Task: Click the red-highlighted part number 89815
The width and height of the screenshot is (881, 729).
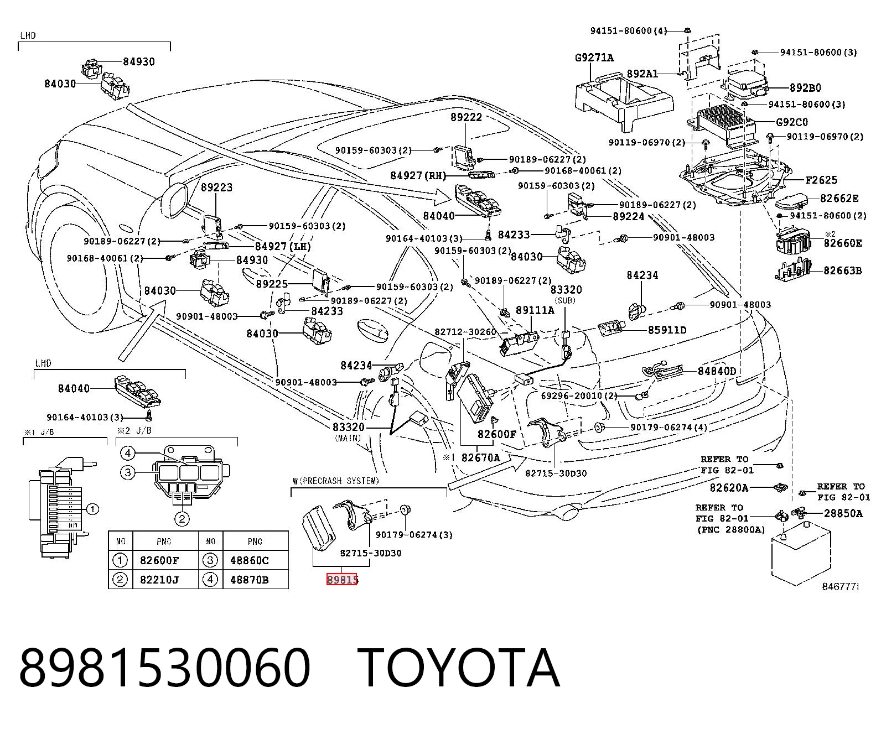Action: click(x=342, y=580)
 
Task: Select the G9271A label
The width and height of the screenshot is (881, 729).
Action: click(x=594, y=58)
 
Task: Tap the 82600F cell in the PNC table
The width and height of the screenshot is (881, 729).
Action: click(x=159, y=561)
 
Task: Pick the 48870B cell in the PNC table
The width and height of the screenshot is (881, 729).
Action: click(x=250, y=580)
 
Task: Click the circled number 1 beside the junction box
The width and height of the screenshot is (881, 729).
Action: click(x=93, y=509)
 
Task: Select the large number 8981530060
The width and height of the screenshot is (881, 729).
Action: click(x=165, y=669)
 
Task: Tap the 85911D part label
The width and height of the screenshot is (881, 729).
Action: click(x=667, y=330)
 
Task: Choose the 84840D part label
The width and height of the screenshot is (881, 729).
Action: click(x=717, y=371)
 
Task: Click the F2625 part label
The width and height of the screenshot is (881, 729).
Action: click(x=821, y=180)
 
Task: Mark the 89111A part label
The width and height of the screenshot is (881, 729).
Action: click(x=535, y=310)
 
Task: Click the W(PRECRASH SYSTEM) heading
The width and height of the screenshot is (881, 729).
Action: click(x=336, y=481)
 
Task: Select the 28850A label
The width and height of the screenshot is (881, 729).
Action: click(x=843, y=513)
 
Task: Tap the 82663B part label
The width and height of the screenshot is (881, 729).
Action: click(x=843, y=270)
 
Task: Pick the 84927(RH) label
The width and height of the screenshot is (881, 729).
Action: click(x=418, y=175)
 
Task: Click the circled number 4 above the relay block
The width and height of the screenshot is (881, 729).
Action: click(x=127, y=454)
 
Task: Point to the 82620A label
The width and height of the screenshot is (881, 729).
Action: click(x=729, y=488)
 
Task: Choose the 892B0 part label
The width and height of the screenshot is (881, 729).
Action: click(x=805, y=88)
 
